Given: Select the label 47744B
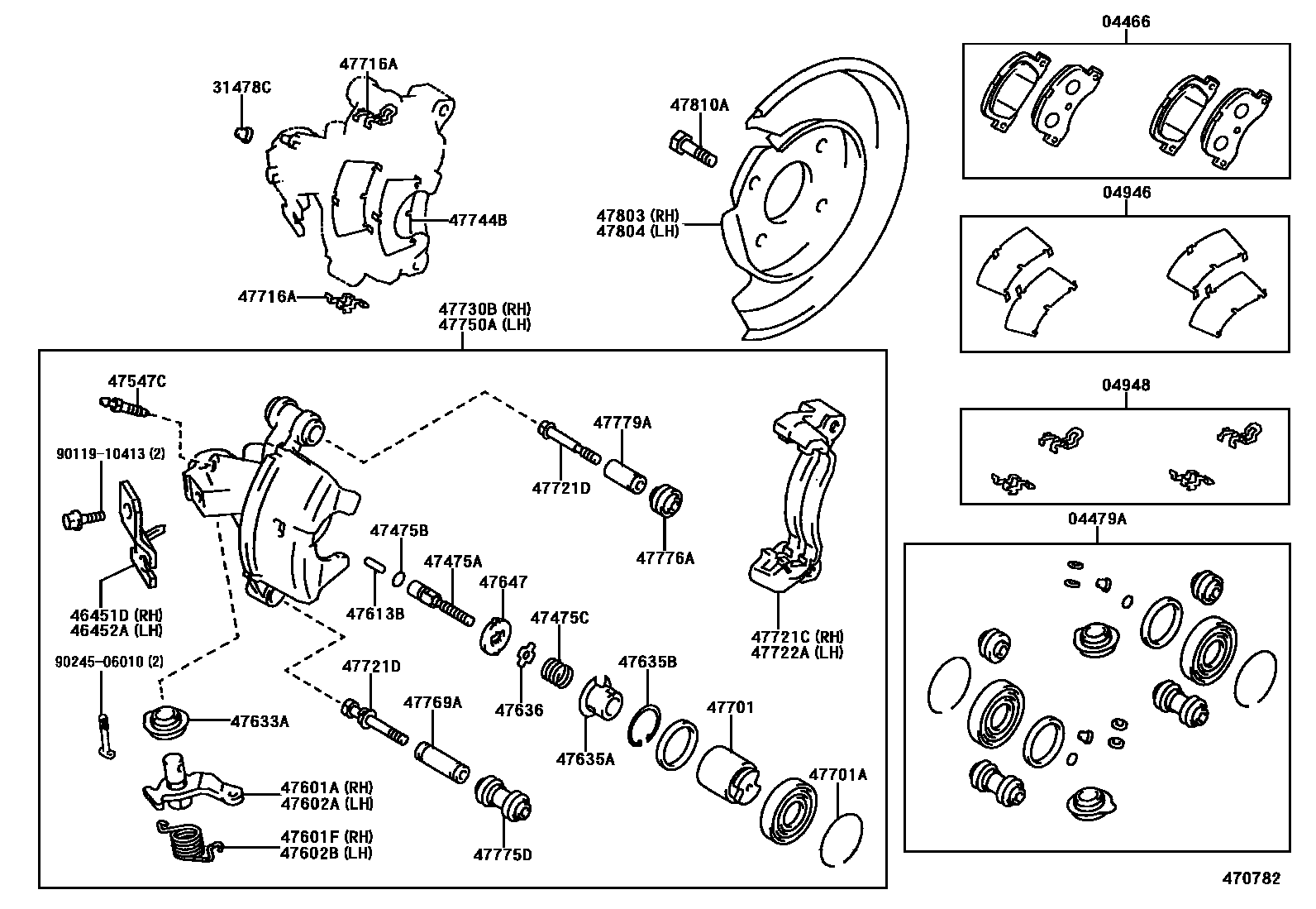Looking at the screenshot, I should [477, 220].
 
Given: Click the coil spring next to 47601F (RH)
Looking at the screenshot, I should [188, 847].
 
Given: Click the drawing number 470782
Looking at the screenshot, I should [1252, 878].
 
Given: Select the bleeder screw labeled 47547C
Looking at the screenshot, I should [125, 407].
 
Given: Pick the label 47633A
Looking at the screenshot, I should [260, 721].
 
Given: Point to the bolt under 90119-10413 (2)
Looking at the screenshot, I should [83, 519].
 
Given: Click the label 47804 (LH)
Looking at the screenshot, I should [637, 231].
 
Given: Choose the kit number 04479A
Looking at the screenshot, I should [1097, 519].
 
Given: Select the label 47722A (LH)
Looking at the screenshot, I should [797, 652].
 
